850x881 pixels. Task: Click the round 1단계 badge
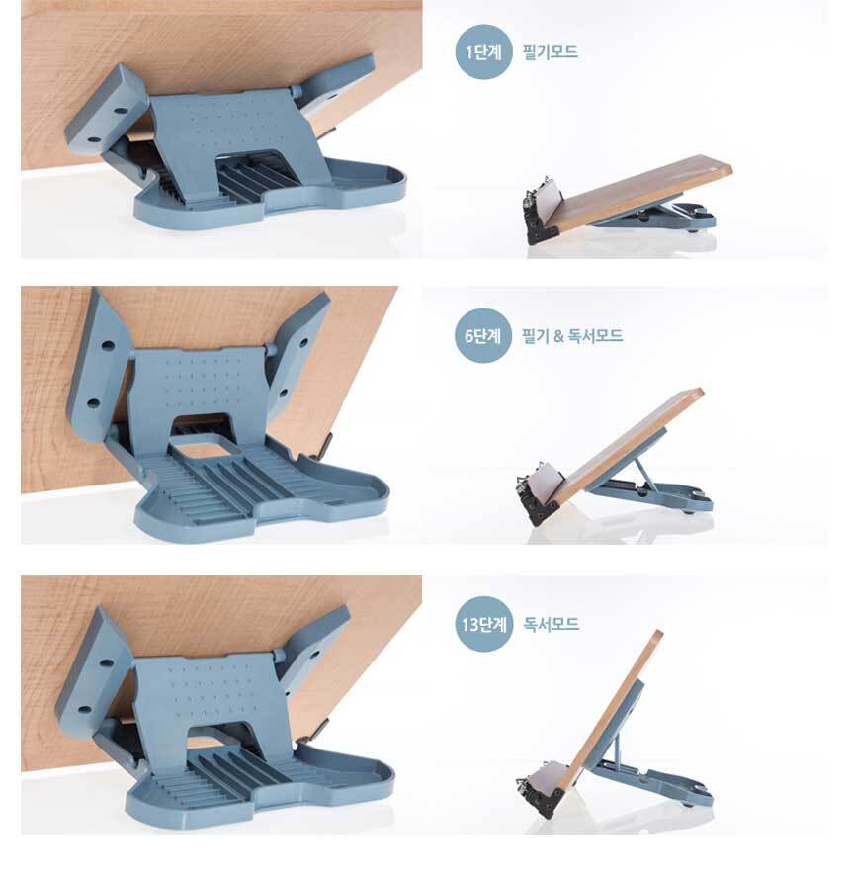(x=483, y=51)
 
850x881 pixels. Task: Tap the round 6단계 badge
(x=483, y=335)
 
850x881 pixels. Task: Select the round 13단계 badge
(x=483, y=624)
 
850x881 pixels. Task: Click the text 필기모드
(x=550, y=52)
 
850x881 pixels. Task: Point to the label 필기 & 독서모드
(x=572, y=336)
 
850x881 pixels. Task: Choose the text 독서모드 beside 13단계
(x=551, y=624)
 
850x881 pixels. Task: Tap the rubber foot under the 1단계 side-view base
(x=695, y=229)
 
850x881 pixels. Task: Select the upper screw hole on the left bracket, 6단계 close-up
(x=108, y=344)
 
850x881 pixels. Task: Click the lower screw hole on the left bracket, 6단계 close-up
(x=93, y=403)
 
